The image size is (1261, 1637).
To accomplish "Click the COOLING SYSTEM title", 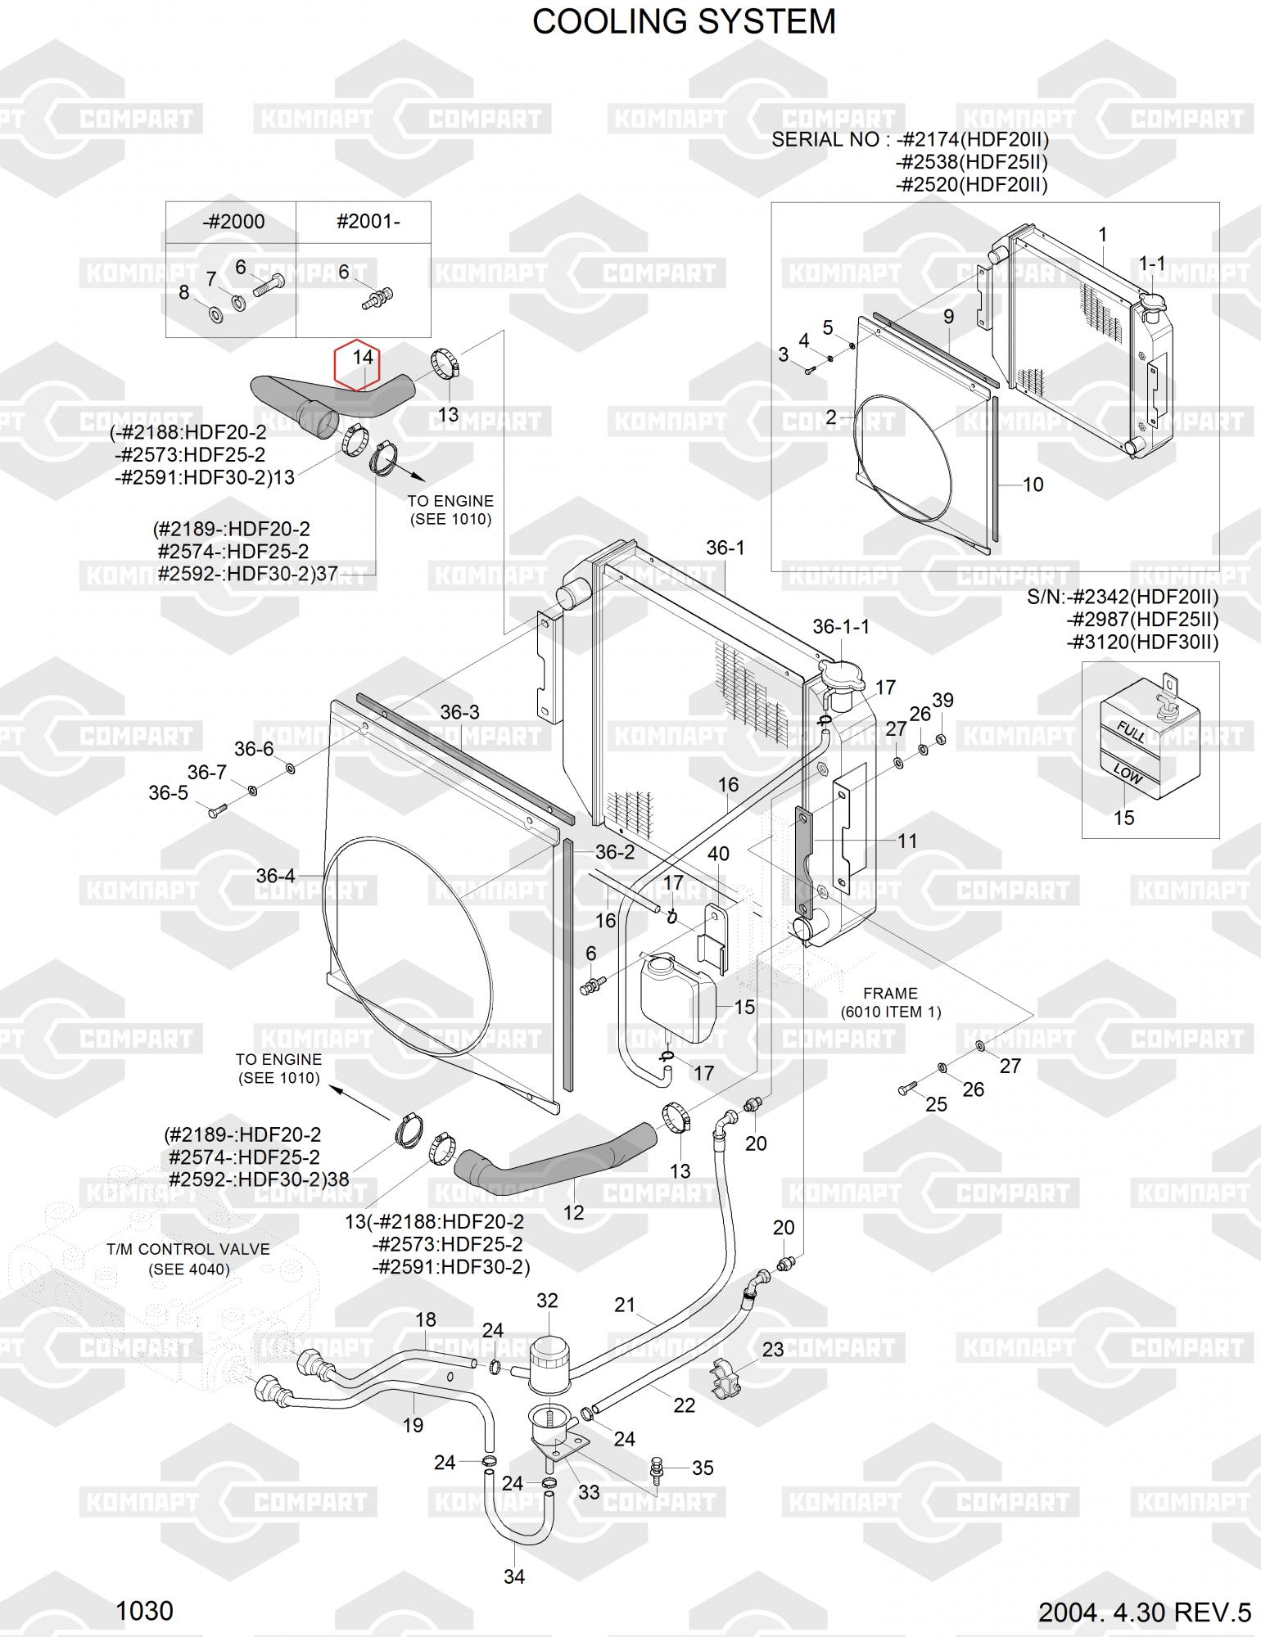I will (x=684, y=22).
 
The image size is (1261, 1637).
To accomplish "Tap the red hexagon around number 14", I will (x=357, y=364).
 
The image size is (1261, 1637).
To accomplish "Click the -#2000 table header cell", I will (x=233, y=222).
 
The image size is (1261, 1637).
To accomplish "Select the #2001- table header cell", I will (x=368, y=222).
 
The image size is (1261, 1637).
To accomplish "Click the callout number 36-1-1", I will (x=840, y=626).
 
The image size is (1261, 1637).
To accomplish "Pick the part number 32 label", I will (x=547, y=1301).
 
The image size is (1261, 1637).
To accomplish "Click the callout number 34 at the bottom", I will (x=513, y=1576).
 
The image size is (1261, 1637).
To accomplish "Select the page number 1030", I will (x=144, y=1611).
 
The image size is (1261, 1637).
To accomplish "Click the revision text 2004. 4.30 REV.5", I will (x=1144, y=1612).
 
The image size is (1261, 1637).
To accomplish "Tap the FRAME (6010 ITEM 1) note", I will (x=890, y=1003).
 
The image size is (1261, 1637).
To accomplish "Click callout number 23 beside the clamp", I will (x=773, y=1350).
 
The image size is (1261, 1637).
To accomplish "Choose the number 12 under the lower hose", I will (x=574, y=1212).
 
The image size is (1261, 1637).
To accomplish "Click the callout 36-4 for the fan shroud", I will (x=275, y=876).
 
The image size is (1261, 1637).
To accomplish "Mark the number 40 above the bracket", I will (x=718, y=854).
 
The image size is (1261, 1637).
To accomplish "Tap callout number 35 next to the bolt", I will (x=703, y=1468).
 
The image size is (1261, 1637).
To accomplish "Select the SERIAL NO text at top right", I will (x=827, y=140).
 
